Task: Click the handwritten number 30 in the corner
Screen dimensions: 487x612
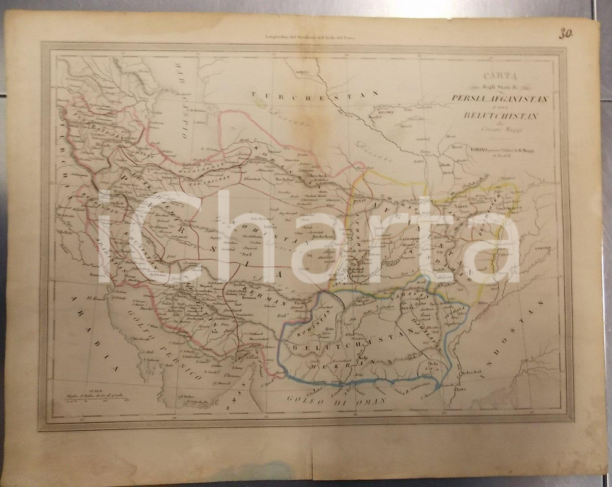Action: [564, 33]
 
